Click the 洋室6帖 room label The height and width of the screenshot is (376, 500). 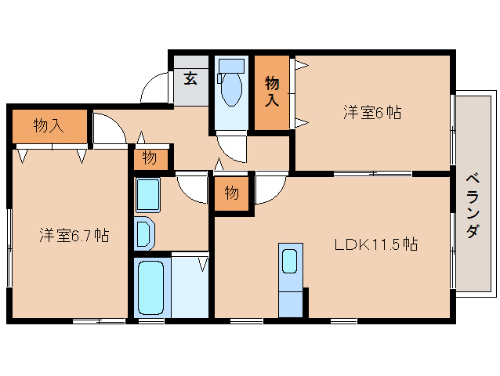click(x=371, y=113)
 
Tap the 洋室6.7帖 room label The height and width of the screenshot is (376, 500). click(x=74, y=235)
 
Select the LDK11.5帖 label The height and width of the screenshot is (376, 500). click(x=375, y=244)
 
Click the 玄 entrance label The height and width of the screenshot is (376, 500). click(x=190, y=78)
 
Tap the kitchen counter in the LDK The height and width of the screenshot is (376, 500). click(x=290, y=280)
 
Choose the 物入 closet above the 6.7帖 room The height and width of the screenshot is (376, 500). click(x=49, y=125)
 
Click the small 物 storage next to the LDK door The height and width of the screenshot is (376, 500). click(x=231, y=193)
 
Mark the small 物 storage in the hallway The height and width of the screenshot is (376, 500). click(x=149, y=158)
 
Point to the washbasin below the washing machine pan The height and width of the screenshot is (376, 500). click(x=144, y=233)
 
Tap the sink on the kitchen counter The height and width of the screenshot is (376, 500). click(x=289, y=259)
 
